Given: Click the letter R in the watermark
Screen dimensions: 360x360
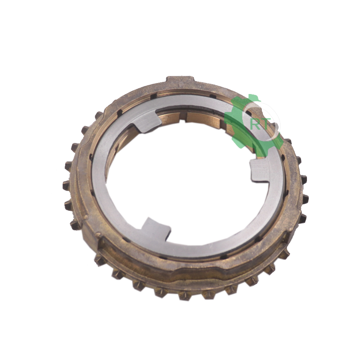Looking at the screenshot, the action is click(255, 124).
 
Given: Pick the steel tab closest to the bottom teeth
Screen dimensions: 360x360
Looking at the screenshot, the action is click(156, 229).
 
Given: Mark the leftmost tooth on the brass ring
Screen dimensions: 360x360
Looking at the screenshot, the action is click(66, 185).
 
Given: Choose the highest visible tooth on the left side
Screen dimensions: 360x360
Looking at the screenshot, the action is click(99, 114).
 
